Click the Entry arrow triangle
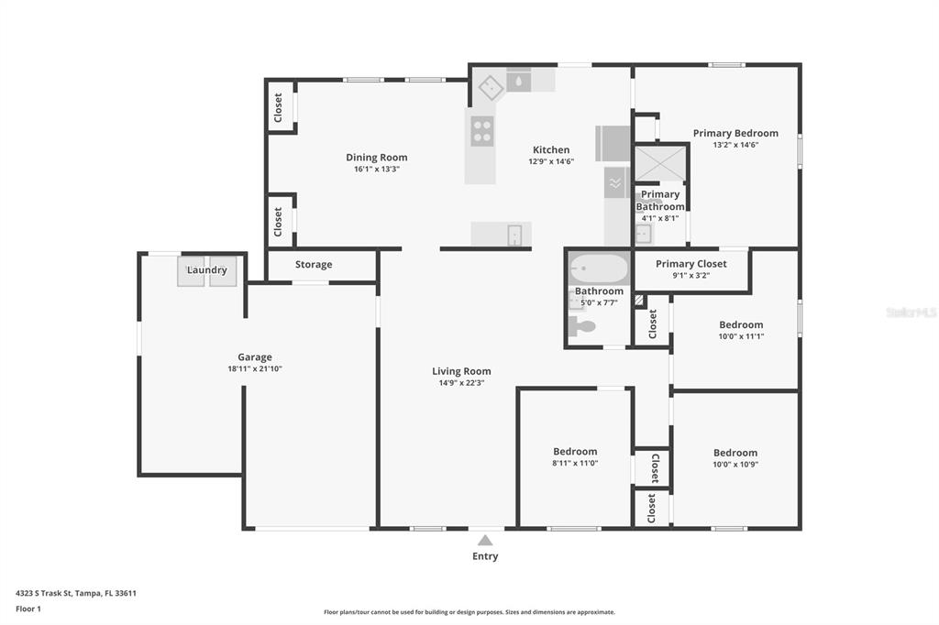coord(485,540)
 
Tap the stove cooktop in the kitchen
coord(482,131)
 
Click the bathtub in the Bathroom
coord(598,269)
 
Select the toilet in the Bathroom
coord(581,326)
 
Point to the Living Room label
coord(461,371)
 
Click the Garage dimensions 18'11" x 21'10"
coord(255,368)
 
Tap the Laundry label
coord(206,270)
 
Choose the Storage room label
coord(314,264)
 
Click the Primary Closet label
coord(691,263)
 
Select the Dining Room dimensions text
coord(377,169)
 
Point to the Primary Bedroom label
coord(735,133)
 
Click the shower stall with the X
coord(660,163)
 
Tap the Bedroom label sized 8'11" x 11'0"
coord(575,452)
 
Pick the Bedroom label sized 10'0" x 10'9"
coord(735,453)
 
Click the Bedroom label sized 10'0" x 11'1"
coord(741,324)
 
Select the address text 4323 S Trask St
coord(43,593)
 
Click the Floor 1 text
coord(28,609)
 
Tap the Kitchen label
coord(551,149)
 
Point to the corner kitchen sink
coord(491,88)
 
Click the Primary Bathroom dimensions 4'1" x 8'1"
coord(660,218)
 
